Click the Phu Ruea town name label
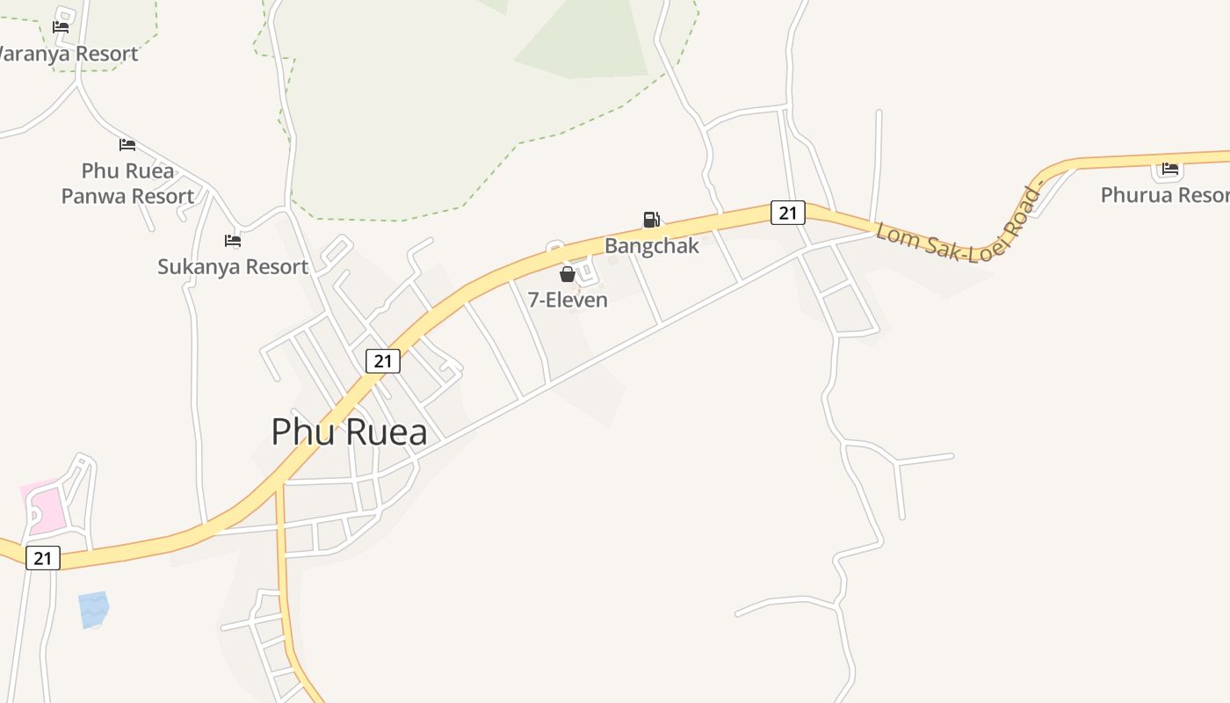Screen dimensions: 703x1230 point(349,432)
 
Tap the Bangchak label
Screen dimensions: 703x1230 point(652,246)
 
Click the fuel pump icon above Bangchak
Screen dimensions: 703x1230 point(651,220)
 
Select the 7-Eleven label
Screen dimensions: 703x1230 point(568,300)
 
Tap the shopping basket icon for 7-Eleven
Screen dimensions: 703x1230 point(568,274)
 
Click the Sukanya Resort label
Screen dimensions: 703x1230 point(233,266)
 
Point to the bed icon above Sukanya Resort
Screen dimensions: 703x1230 point(233,240)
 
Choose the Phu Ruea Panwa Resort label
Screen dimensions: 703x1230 point(127,184)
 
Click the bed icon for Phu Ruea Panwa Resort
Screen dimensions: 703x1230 point(127,145)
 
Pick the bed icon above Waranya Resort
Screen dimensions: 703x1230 point(61,26)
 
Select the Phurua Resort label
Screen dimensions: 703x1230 point(1165,195)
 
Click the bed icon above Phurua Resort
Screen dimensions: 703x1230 point(1169,169)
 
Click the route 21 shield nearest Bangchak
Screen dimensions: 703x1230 point(788,213)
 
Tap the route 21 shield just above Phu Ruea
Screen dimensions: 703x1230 point(383,360)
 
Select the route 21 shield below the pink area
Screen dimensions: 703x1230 point(43,557)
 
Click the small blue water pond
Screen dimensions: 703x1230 point(93,609)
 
